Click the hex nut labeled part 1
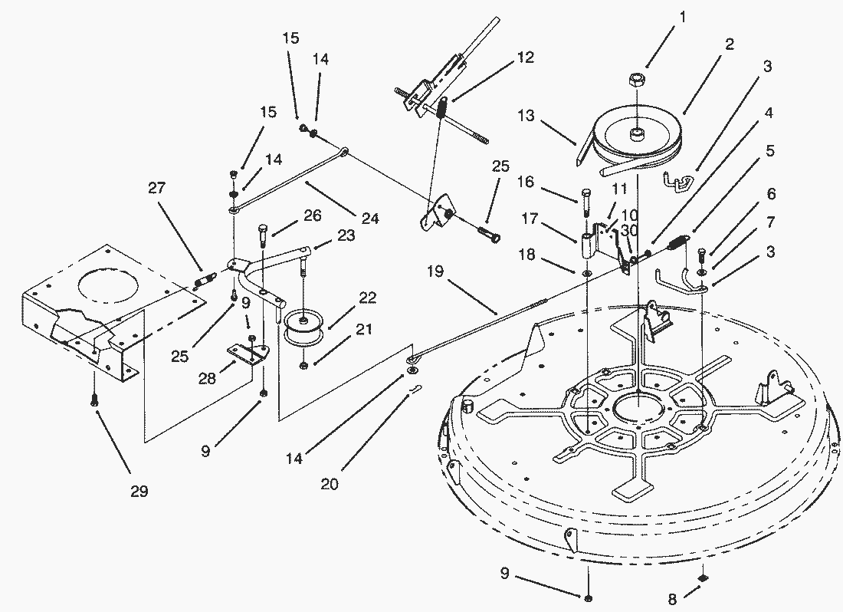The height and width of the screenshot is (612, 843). (x=636, y=82)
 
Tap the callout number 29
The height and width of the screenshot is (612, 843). (x=139, y=491)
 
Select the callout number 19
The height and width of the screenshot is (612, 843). (x=435, y=271)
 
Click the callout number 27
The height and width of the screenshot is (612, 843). (x=157, y=188)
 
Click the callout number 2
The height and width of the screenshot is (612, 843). (x=729, y=44)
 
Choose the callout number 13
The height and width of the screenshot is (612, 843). (x=526, y=115)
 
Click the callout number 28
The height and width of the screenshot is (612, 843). (x=206, y=378)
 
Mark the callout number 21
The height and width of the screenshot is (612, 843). (x=364, y=328)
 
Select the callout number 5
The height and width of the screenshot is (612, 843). (x=770, y=150)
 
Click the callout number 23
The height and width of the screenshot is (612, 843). (x=346, y=235)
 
